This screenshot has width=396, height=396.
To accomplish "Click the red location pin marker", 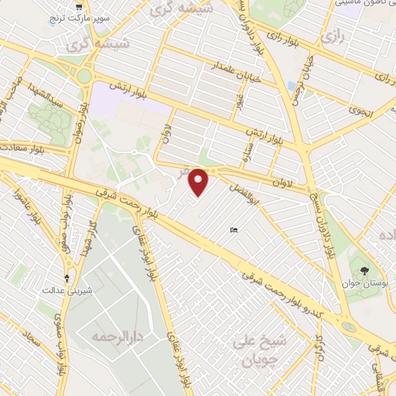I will pos(200,182).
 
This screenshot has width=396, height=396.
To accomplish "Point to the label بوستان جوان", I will pos(364,284).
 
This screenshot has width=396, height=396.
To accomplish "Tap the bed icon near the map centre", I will pos(234,230).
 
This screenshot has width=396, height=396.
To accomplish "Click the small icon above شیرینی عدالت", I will pos(67,277).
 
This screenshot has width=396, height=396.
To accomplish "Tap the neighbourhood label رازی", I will pos(334,36).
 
